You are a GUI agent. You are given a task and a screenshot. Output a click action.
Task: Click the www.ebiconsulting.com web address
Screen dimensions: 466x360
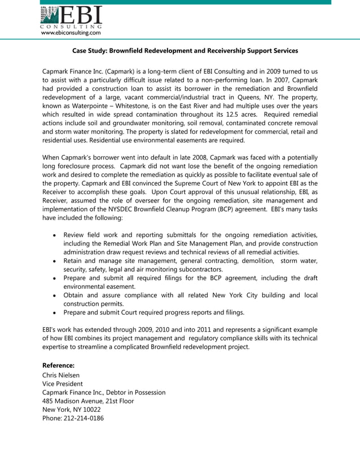(x=71, y=33)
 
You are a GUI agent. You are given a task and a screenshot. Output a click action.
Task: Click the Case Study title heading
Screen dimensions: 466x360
(x=185, y=51)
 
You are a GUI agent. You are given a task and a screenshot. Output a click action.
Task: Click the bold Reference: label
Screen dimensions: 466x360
(x=58, y=366)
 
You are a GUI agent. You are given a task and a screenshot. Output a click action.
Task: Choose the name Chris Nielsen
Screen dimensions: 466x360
(x=61, y=375)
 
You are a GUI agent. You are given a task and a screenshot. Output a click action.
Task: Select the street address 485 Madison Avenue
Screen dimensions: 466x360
(x=74, y=401)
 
